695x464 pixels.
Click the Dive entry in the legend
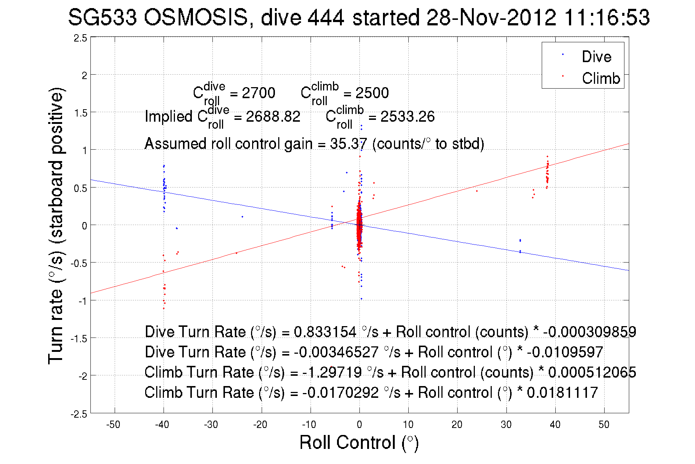tap(596, 57)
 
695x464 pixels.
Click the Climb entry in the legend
tap(601, 78)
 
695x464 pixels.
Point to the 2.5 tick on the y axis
tap(81, 38)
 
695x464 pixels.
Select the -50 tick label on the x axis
tap(113, 425)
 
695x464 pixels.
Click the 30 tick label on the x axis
tap(506, 425)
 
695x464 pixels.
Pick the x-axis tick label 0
tap(359, 425)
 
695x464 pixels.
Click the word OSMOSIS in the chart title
tap(196, 17)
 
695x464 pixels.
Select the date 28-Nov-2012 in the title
tap(491, 17)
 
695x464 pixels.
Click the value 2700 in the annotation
tap(258, 93)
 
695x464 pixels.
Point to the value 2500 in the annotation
tap(372, 93)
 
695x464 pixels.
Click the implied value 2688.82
tap(273, 117)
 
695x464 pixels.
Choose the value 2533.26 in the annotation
tap(407, 117)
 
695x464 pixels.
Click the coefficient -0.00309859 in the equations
tap(590, 332)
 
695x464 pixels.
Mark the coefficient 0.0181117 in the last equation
tap(562, 392)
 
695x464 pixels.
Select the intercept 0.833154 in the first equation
tap(325, 332)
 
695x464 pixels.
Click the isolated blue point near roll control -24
tap(242, 217)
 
